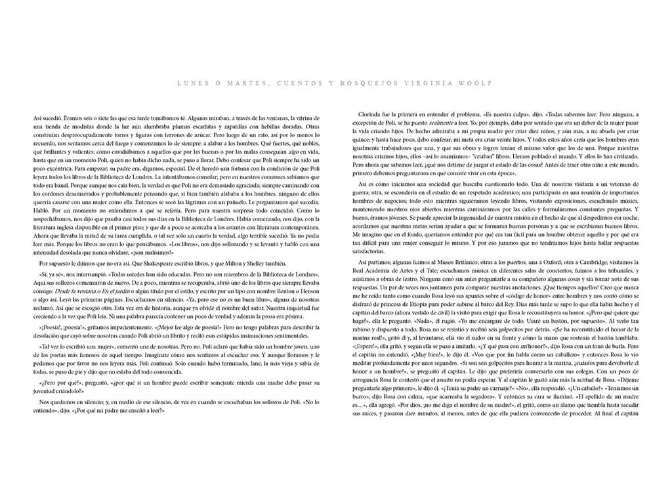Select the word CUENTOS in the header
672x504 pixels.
click(299, 83)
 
